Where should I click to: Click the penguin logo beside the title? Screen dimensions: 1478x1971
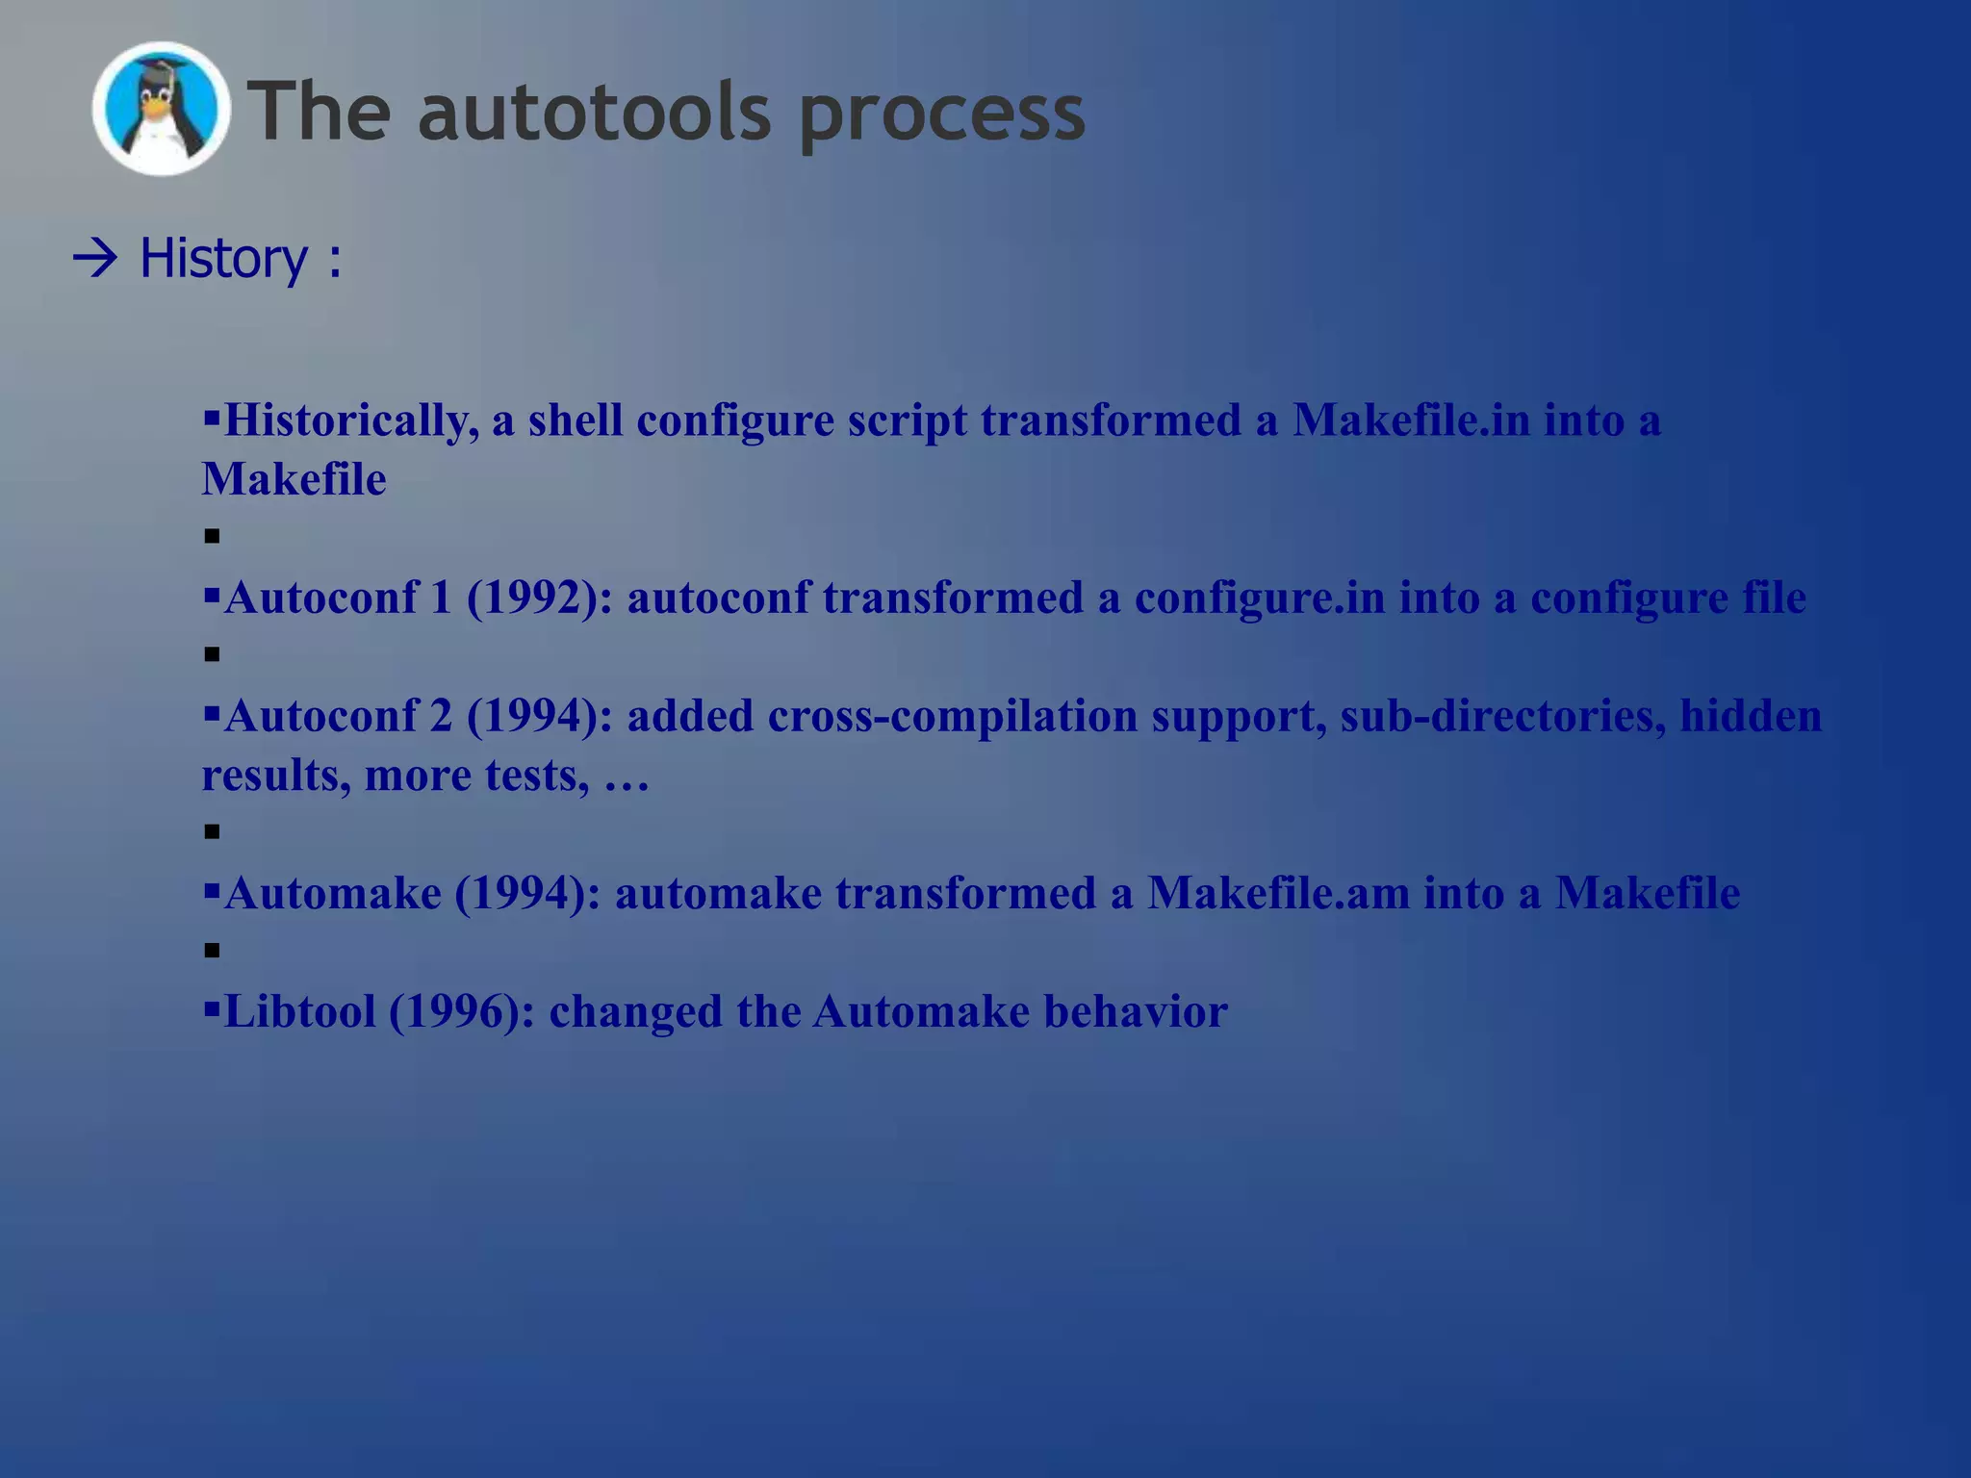click(161, 109)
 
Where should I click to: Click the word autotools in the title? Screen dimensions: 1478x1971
click(594, 112)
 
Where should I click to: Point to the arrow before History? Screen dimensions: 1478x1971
click(94, 259)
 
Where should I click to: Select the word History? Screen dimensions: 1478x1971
click(223, 259)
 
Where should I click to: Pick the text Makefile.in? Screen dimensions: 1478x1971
click(1411, 420)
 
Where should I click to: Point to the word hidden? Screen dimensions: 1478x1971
click(1751, 716)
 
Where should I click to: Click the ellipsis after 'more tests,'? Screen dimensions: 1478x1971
click(627, 777)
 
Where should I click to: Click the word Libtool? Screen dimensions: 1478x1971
click(299, 1011)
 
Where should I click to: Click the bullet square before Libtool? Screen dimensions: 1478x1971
click(212, 1009)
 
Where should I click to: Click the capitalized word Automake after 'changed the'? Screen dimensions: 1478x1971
click(921, 1011)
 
